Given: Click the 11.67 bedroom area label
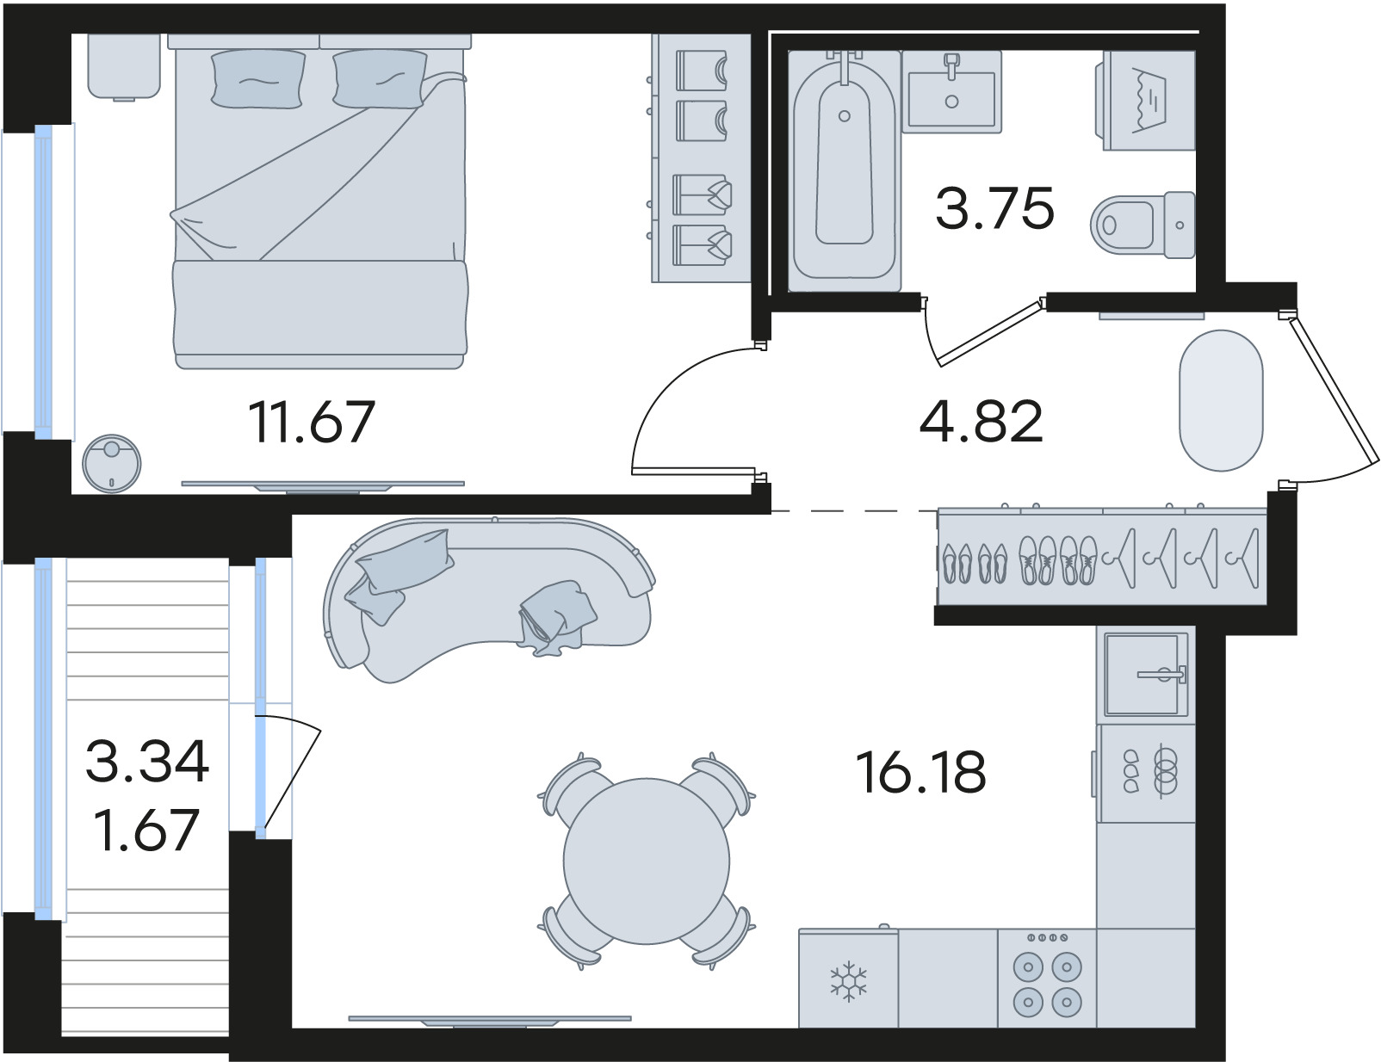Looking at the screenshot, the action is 312,423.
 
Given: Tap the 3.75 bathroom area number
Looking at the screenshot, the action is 995,207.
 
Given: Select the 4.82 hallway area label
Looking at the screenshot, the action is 982,421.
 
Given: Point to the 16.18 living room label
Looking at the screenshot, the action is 921,772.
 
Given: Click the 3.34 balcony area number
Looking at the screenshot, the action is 147,761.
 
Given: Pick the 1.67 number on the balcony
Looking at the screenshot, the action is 147,830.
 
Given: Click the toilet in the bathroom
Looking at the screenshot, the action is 1142,225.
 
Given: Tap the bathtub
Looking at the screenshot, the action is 844,171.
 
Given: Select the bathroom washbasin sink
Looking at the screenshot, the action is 951,93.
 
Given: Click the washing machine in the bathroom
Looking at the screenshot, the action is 1147,101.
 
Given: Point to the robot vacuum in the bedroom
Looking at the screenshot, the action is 112,464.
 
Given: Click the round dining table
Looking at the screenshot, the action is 647,861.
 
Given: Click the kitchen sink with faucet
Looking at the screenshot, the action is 1146,675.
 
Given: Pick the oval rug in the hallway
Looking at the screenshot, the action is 1221,400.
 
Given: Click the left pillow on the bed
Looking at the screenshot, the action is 258,79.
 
